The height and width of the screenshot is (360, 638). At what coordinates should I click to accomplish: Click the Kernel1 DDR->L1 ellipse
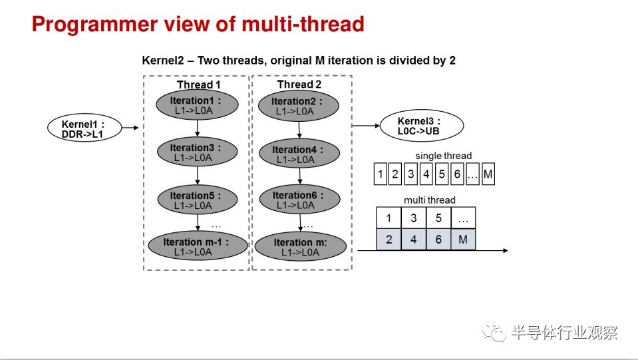(84, 128)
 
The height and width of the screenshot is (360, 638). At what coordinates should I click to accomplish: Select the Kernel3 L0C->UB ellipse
(422, 125)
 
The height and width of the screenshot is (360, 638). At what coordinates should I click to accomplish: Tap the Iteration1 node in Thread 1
(197, 105)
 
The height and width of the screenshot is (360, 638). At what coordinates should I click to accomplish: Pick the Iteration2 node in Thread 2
(299, 106)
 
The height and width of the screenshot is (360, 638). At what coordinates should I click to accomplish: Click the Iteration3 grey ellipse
(198, 152)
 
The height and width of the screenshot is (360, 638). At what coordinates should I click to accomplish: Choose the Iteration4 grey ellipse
(299, 153)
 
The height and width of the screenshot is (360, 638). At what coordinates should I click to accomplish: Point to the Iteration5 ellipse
(198, 200)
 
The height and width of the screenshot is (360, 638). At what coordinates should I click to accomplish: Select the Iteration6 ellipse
(300, 200)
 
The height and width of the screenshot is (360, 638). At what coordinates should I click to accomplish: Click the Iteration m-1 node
(198, 246)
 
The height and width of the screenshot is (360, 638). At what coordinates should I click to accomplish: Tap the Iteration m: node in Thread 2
(300, 246)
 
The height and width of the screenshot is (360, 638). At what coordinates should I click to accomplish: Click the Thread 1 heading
(198, 85)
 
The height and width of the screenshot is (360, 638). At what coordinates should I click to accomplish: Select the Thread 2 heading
(299, 85)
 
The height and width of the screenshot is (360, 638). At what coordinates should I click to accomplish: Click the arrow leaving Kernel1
(130, 128)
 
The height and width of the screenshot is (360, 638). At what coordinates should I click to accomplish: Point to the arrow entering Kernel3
(366, 126)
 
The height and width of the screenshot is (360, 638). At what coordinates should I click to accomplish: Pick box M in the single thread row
(488, 174)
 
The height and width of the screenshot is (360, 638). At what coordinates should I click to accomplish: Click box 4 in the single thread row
(426, 174)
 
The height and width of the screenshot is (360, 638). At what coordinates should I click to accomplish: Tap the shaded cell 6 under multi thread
(438, 239)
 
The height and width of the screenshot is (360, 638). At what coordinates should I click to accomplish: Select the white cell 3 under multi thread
(413, 218)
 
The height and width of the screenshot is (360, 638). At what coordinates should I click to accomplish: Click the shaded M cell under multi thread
(463, 239)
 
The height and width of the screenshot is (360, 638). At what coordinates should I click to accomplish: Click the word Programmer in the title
(94, 25)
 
